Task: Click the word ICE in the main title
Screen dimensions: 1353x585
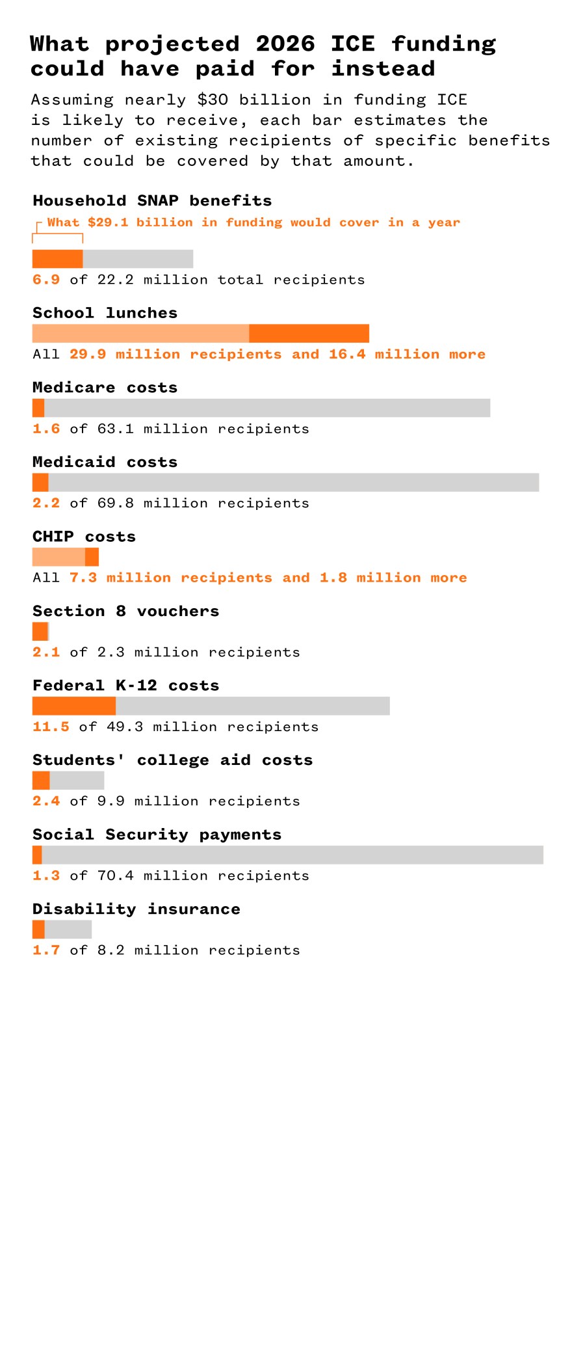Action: click(x=352, y=44)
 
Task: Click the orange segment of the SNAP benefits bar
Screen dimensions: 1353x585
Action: click(x=57, y=259)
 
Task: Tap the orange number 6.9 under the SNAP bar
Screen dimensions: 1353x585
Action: click(x=46, y=280)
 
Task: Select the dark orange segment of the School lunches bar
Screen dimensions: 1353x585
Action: click(x=309, y=334)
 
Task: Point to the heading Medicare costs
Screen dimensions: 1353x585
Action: click(x=105, y=388)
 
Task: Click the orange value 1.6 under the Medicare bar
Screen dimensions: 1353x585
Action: click(x=46, y=429)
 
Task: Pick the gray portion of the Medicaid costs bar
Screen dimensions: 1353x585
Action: click(x=292, y=483)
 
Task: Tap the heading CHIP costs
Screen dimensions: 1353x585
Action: click(x=84, y=537)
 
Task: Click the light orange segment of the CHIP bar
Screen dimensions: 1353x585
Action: click(x=58, y=557)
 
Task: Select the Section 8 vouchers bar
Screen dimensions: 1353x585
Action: click(x=40, y=632)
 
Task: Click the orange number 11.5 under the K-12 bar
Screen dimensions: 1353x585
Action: click(x=51, y=727)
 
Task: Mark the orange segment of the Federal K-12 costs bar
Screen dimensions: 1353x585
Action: click(x=73, y=706)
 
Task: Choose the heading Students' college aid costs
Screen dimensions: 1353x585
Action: click(x=172, y=760)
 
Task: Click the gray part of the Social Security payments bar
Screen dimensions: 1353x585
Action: click(x=292, y=855)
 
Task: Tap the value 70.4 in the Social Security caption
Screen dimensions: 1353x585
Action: click(x=115, y=876)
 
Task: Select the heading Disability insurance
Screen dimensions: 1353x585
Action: click(x=136, y=909)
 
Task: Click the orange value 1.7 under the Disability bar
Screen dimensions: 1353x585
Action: click(x=46, y=950)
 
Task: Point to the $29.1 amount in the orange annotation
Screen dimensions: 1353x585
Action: click(x=108, y=222)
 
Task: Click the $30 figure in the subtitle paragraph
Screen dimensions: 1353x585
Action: click(x=213, y=100)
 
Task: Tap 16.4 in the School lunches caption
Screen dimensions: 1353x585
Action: click(x=346, y=355)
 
